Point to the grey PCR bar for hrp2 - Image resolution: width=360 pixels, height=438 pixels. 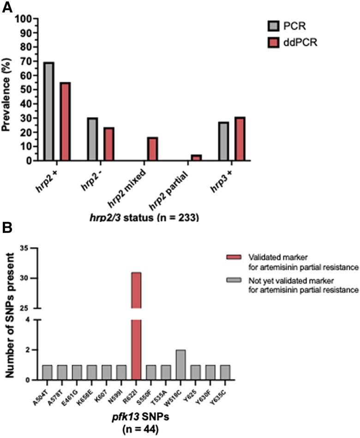[x=92, y=139]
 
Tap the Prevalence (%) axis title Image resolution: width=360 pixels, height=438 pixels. [x=6, y=90]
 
